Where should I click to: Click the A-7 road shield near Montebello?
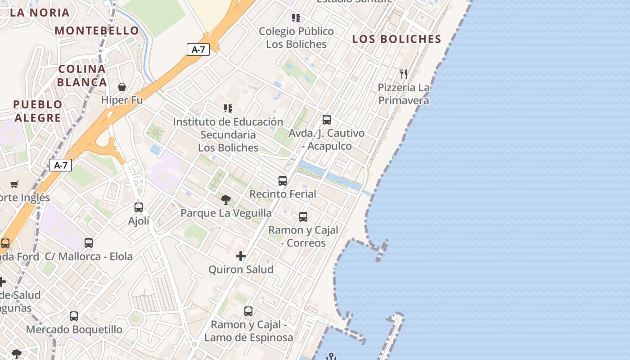[x=198, y=49]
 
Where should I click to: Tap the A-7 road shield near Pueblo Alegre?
[x=60, y=165]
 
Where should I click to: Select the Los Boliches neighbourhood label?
[x=396, y=39]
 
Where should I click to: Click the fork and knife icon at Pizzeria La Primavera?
[x=404, y=74]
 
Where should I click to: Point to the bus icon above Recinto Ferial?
[x=283, y=181]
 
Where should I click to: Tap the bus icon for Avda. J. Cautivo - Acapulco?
[x=327, y=120]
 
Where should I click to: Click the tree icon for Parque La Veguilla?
[x=226, y=199]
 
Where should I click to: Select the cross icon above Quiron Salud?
[x=241, y=256]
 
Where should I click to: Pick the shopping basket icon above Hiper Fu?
[x=122, y=86]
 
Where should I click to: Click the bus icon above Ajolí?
[x=139, y=207]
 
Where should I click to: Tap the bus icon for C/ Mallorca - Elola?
[x=89, y=243]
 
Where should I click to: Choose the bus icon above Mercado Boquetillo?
[x=74, y=316]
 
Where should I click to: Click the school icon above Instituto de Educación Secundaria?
[x=228, y=108]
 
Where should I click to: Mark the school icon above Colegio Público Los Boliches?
[x=296, y=18]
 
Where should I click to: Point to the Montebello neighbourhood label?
[x=97, y=31]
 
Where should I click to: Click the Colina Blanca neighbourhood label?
[x=82, y=76]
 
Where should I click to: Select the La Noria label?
[x=40, y=13]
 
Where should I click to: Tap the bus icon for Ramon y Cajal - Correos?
[x=303, y=217]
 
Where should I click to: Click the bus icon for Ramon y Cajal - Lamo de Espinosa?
[x=248, y=311]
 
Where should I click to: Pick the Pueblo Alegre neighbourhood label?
[x=37, y=111]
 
